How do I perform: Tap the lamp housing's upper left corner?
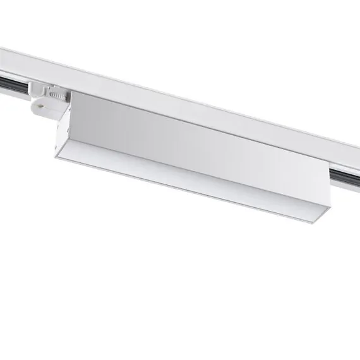(73, 92)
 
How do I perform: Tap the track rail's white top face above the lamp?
(189, 95)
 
